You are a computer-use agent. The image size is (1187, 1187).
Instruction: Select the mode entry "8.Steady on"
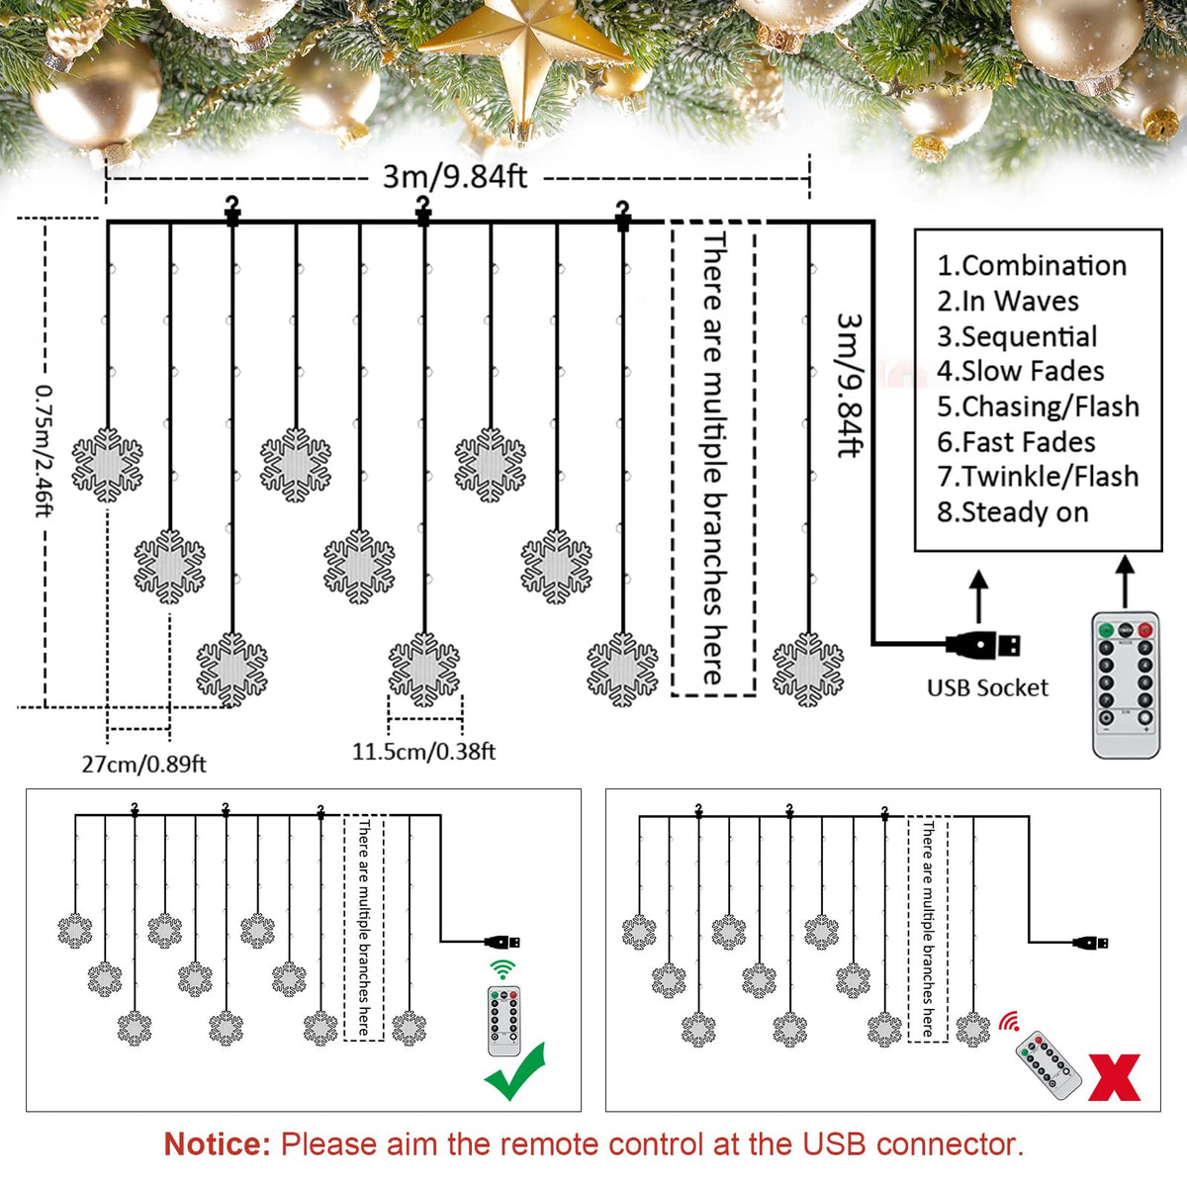(1013, 512)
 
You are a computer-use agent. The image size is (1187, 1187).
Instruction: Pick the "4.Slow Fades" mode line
(1021, 372)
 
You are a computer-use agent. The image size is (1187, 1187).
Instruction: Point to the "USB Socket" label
(987, 688)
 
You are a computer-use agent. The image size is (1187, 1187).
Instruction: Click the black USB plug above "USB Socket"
(982, 645)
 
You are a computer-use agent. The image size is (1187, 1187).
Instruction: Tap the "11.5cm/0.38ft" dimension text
(423, 752)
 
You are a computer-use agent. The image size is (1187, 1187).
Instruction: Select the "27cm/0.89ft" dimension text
(144, 765)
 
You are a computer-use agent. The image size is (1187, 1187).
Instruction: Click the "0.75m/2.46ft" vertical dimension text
(45, 451)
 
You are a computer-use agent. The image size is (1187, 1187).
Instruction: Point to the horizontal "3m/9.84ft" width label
(455, 177)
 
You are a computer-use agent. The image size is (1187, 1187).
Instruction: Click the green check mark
(515, 1072)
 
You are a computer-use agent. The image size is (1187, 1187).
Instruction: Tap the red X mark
(1114, 1077)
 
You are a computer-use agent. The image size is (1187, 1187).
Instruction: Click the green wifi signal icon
(502, 969)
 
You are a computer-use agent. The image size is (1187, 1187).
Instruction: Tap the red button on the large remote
(1144, 630)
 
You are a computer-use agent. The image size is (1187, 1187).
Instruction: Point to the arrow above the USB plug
(979, 596)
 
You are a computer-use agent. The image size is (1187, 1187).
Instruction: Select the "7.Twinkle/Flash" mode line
(1038, 477)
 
